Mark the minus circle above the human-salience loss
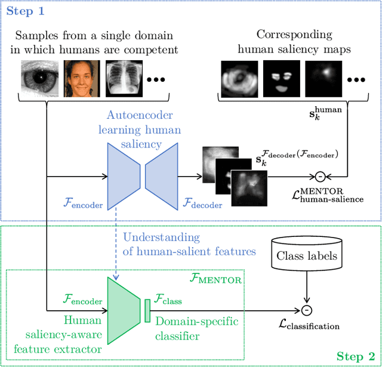[x=320, y=177]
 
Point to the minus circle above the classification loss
[x=306, y=310]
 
